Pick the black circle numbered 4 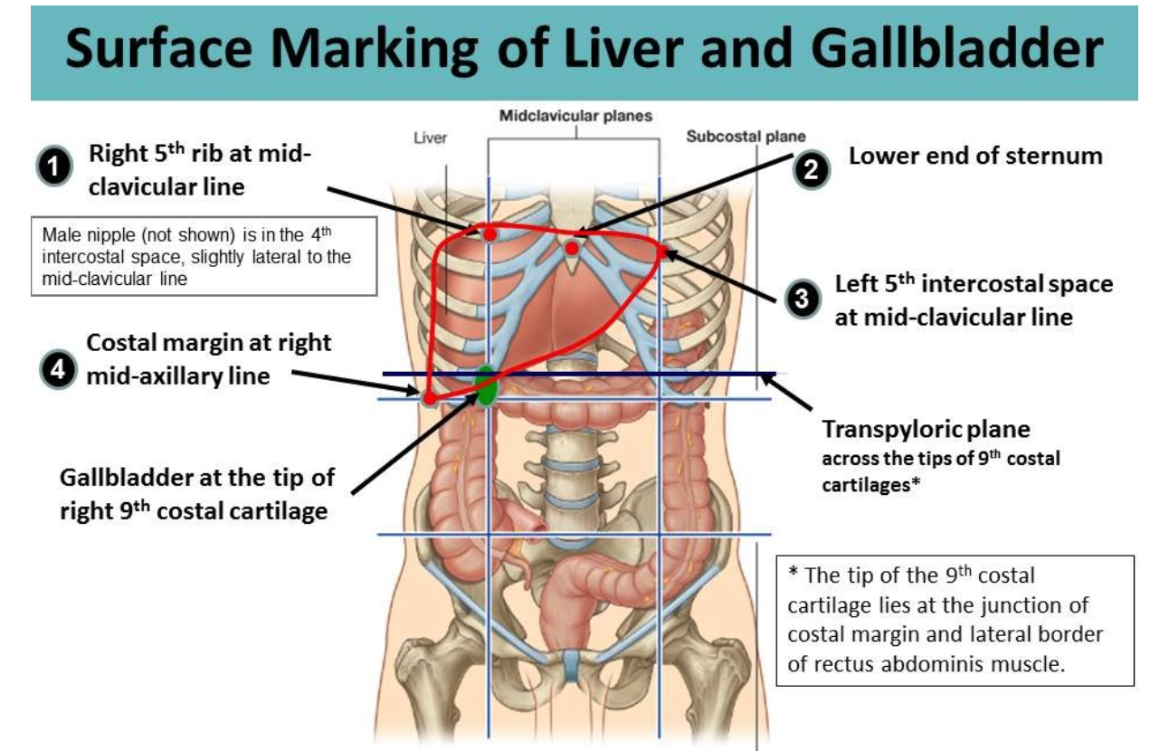(x=56, y=370)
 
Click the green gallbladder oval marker (x=486, y=386)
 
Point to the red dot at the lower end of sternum (x=572, y=247)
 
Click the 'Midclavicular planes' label (x=575, y=117)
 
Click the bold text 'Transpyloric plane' (x=926, y=428)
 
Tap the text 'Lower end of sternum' (x=975, y=156)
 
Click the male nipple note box (x=203, y=256)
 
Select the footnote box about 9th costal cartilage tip (x=955, y=620)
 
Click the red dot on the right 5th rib (x=489, y=233)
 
